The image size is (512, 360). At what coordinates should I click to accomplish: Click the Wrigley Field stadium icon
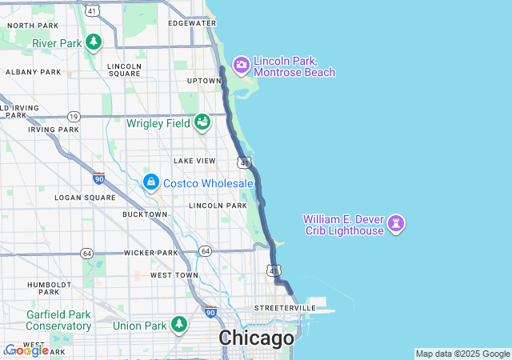[x=202, y=122]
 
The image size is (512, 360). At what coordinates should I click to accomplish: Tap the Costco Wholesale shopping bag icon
[x=150, y=183]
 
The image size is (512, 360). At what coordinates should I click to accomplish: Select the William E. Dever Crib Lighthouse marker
[x=396, y=224]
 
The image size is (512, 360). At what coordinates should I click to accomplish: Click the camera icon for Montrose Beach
[x=242, y=64]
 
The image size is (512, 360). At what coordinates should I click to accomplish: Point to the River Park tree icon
[x=94, y=42]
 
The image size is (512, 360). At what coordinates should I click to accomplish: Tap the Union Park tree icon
[x=180, y=324]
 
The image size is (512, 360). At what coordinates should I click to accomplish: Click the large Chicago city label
[x=256, y=338]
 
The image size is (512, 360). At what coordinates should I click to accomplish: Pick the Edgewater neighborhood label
[x=193, y=23]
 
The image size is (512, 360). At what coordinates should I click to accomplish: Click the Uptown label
[x=204, y=81]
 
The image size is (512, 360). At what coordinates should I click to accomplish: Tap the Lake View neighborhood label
[x=194, y=161]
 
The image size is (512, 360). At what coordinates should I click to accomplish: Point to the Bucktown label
[x=145, y=214]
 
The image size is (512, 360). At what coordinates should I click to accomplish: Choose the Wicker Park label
[x=150, y=253]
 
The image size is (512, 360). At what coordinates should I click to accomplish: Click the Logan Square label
[x=80, y=197]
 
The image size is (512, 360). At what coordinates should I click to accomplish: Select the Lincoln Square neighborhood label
[x=124, y=70]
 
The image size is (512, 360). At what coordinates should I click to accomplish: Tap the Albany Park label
[x=33, y=72]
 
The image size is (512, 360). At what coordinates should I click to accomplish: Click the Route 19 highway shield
[x=74, y=116]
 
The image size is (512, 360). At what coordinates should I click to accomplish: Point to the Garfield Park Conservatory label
[x=58, y=320]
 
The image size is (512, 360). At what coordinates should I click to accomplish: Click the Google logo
[x=26, y=350]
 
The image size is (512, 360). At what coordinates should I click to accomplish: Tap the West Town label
[x=174, y=275]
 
